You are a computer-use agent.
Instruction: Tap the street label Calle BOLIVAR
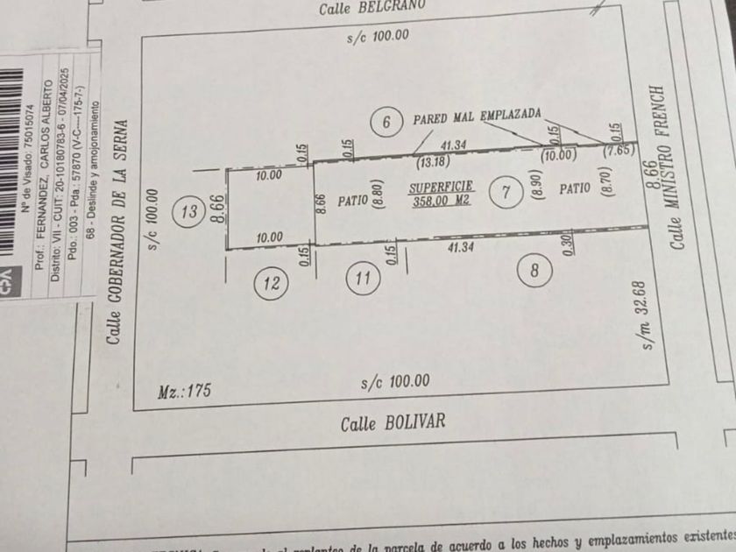pyautogui.click(x=393, y=422)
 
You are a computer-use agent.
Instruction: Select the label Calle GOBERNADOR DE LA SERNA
pyautogui.click(x=116, y=231)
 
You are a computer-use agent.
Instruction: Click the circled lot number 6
pyautogui.click(x=386, y=122)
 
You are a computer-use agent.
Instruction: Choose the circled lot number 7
pyautogui.click(x=505, y=192)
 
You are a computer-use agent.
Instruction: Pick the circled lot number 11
pyautogui.click(x=363, y=280)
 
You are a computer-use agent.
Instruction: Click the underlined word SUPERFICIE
pyautogui.click(x=442, y=188)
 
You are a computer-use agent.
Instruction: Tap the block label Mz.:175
pyautogui.click(x=185, y=391)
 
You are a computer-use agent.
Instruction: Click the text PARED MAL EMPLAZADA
pyautogui.click(x=477, y=116)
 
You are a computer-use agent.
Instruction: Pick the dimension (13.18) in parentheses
pyautogui.click(x=428, y=160)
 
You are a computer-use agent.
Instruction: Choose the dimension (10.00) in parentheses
pyautogui.click(x=558, y=156)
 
